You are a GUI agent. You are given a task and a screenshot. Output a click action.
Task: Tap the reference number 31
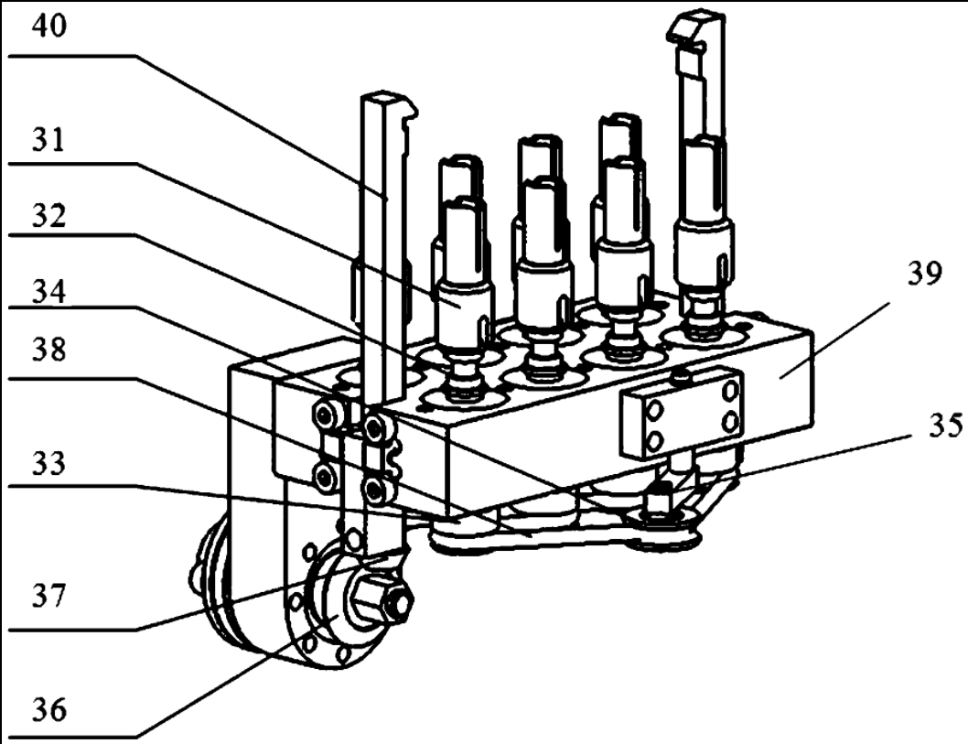(x=48, y=140)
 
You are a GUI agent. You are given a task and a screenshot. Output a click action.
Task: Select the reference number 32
(x=48, y=215)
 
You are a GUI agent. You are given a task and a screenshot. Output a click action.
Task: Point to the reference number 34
(x=48, y=291)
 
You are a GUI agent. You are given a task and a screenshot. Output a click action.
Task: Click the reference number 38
(x=48, y=350)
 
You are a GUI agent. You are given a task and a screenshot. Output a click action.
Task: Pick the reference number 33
(x=48, y=462)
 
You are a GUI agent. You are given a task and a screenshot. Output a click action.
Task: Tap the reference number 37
(x=48, y=597)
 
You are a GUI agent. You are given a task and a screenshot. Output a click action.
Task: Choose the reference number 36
(x=48, y=710)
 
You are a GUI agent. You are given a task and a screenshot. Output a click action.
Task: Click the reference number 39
(x=924, y=273)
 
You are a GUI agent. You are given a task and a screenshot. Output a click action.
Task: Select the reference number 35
(x=945, y=426)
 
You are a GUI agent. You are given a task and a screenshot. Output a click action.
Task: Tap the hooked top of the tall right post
(x=697, y=27)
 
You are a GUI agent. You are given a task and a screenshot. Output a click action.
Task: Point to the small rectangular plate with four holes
(x=681, y=412)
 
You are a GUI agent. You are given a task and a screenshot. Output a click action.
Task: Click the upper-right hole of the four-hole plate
(x=730, y=390)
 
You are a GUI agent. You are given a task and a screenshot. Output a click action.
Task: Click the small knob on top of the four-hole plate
(x=681, y=374)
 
